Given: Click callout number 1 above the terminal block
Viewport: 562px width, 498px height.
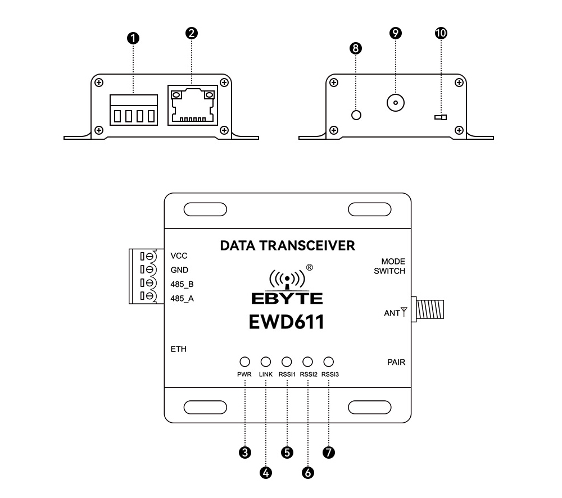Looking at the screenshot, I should click(x=133, y=38).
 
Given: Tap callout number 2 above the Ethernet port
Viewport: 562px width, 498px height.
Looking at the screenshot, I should click(x=192, y=33).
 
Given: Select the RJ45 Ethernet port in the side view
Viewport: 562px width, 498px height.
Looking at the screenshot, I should click(x=192, y=105).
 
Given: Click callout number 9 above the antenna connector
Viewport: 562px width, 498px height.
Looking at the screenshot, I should click(x=395, y=33).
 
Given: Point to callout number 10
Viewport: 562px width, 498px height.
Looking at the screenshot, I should click(x=441, y=33).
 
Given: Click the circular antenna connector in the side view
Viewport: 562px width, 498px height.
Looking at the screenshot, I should click(x=396, y=103).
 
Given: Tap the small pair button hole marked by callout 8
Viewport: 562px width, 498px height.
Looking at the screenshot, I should click(x=356, y=115).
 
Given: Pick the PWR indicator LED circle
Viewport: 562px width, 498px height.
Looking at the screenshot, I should click(x=244, y=362).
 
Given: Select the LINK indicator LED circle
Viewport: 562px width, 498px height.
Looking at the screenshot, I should click(x=266, y=362).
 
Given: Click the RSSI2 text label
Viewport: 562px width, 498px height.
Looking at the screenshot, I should click(x=308, y=374).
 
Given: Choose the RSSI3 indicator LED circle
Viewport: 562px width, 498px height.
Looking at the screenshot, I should click(x=329, y=362).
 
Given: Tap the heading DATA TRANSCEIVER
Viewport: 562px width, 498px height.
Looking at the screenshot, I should click(x=288, y=245).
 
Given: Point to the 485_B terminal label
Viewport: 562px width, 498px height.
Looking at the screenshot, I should click(x=182, y=284).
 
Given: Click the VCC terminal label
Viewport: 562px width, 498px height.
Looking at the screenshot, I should click(x=179, y=255).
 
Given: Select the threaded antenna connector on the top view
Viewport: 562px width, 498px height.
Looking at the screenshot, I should click(x=430, y=309).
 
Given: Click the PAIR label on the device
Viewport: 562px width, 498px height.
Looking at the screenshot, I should click(x=396, y=362).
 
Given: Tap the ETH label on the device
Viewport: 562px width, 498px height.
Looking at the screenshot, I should click(x=178, y=349).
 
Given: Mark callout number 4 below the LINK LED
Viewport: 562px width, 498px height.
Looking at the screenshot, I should click(x=266, y=473).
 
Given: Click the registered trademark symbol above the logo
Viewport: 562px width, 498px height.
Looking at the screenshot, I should click(x=309, y=267).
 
